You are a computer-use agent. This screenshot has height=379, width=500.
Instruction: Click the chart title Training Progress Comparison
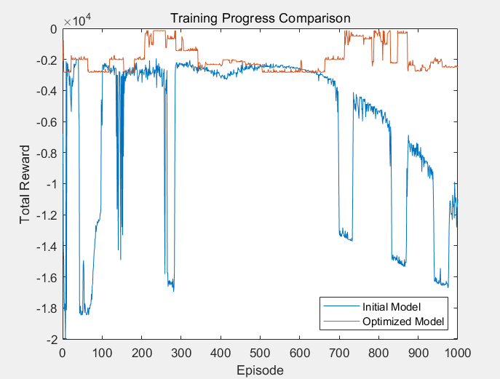click(259, 17)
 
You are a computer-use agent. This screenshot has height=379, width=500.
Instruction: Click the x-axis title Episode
click(260, 370)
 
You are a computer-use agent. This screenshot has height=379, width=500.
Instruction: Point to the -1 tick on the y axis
click(51, 184)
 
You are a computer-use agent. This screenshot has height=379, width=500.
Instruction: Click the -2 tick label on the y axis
click(51, 340)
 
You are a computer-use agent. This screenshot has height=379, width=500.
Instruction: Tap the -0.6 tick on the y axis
click(46, 122)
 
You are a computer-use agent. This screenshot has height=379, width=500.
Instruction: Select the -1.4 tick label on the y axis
click(46, 247)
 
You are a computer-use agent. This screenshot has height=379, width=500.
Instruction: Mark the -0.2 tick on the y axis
click(46, 60)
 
